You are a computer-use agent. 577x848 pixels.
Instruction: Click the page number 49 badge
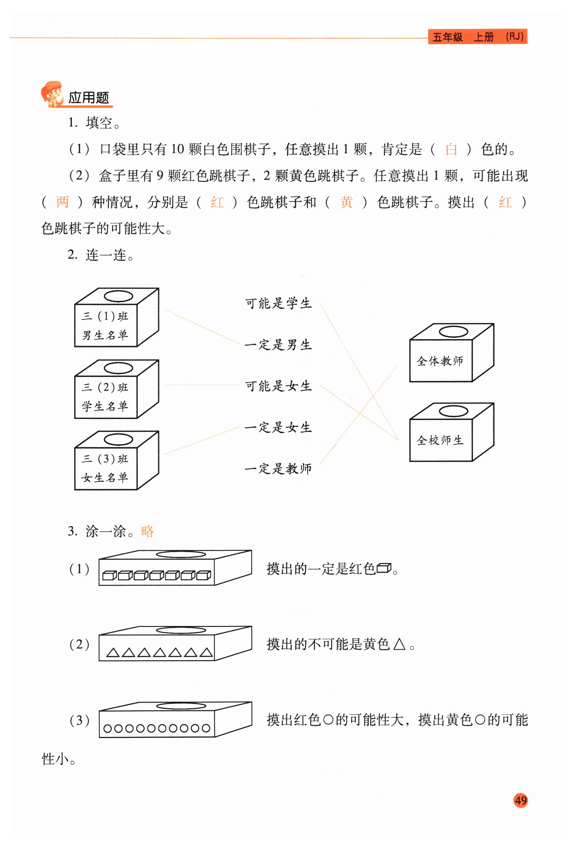tap(521, 800)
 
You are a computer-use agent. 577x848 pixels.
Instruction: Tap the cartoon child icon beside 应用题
tap(51, 94)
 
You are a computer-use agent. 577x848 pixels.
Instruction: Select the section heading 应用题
tap(89, 98)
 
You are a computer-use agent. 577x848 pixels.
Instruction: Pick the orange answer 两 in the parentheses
tap(62, 202)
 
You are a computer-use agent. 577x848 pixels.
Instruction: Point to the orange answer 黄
tap(346, 202)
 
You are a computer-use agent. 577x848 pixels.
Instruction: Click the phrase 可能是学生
tap(278, 303)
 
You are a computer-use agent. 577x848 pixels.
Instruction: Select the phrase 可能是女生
tap(278, 386)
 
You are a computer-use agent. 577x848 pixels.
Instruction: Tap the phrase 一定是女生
tap(278, 427)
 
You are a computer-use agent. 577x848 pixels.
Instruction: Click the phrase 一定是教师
tap(278, 469)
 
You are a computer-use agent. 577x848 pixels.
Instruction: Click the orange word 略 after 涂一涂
tap(147, 531)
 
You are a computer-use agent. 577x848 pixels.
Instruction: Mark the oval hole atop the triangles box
tap(181, 630)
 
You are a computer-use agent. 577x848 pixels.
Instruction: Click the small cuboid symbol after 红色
tap(383, 568)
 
